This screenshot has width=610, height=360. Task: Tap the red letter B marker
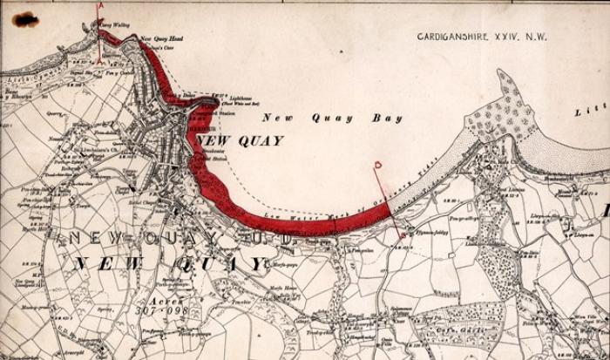click(377, 164)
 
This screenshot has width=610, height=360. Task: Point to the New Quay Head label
click(160, 39)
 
